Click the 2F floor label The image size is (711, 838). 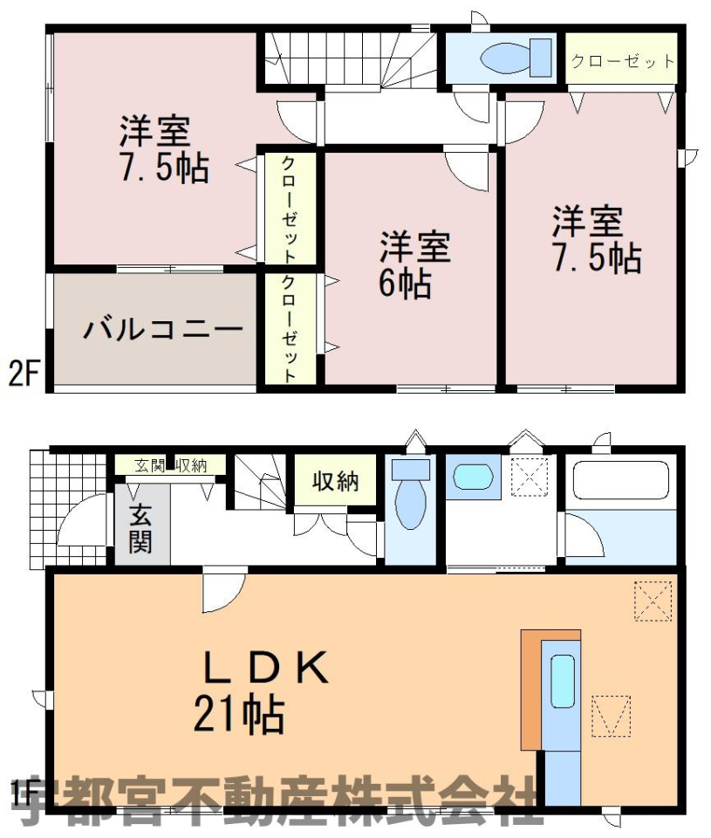click(24, 374)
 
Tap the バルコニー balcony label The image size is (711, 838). click(163, 329)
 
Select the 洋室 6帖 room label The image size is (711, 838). click(415, 264)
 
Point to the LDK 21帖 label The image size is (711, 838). click(260, 691)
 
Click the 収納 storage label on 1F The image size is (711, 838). click(336, 482)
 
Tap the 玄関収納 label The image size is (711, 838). click(170, 466)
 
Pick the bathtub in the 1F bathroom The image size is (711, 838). click(621, 479)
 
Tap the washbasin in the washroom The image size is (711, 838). click(472, 477)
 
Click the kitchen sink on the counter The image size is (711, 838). click(562, 681)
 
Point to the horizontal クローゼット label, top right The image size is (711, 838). click(622, 61)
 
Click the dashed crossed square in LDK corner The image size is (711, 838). click(653, 601)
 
